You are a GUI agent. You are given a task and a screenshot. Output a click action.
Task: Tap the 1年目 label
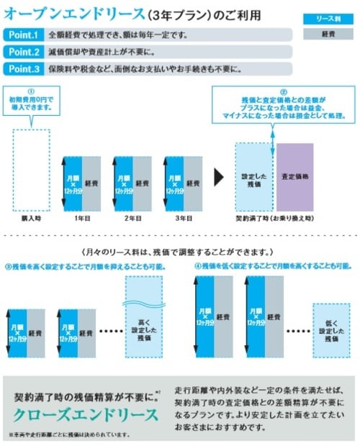point(81,217)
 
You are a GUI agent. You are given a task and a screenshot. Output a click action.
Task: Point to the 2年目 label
point(132,217)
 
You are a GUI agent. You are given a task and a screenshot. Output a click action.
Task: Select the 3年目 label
point(182,217)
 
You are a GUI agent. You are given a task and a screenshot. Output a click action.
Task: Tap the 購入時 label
point(31,217)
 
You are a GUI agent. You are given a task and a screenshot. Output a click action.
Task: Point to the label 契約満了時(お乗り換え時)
point(274,217)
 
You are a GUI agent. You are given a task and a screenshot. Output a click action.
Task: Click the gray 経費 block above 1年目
point(91,183)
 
